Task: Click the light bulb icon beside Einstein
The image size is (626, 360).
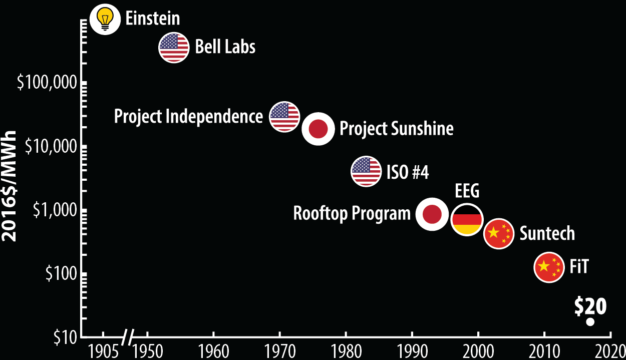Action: click(x=105, y=20)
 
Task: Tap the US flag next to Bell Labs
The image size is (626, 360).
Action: click(x=174, y=48)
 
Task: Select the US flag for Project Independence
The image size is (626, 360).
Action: click(x=284, y=117)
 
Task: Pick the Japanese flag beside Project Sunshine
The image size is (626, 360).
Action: click(x=318, y=129)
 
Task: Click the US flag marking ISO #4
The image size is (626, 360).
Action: click(x=366, y=171)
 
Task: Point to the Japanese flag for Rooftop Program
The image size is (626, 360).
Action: click(x=432, y=214)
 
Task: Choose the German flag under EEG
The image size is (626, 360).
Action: click(x=467, y=220)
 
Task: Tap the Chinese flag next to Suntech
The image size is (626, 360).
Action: click(x=499, y=233)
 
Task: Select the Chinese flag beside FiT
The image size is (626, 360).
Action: click(x=549, y=267)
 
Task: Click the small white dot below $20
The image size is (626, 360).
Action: click(x=590, y=322)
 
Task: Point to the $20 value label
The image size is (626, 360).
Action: click(x=590, y=306)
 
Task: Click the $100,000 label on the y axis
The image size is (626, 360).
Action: click(x=47, y=83)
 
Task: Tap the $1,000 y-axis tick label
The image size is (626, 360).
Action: click(x=55, y=210)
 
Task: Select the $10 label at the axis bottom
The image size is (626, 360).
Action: click(x=65, y=337)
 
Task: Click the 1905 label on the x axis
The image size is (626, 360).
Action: click(x=103, y=351)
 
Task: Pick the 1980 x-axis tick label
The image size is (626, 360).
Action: click(x=346, y=351)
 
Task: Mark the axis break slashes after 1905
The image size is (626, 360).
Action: click(x=128, y=337)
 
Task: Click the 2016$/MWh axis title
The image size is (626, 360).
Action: click(x=9, y=186)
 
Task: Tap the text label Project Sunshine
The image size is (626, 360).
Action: click(x=397, y=129)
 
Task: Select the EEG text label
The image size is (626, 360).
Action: click(x=467, y=191)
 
